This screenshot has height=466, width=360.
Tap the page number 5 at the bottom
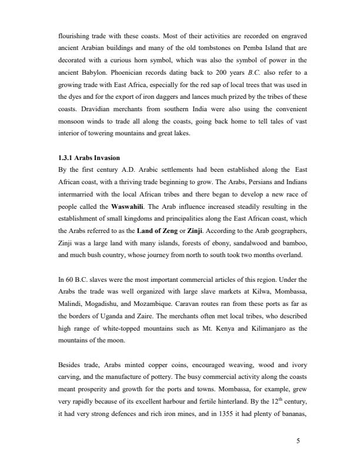(298, 438)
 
